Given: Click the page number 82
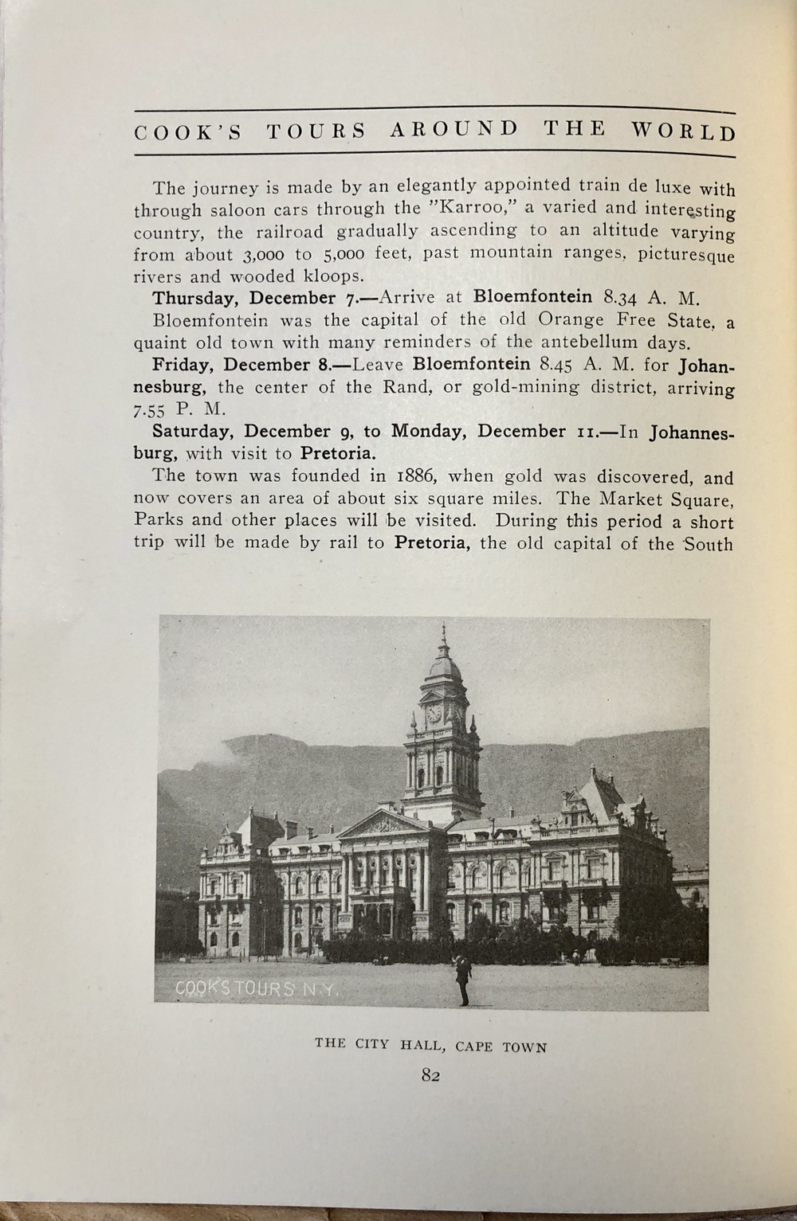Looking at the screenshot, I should pyautogui.click(x=431, y=1075).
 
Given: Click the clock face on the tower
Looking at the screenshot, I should pyautogui.click(x=434, y=714).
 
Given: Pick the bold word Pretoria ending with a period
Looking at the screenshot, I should pyautogui.click(x=337, y=455).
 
